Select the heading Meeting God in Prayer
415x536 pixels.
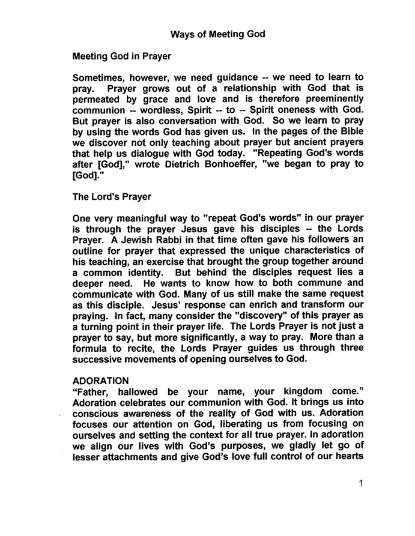tap(122, 57)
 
